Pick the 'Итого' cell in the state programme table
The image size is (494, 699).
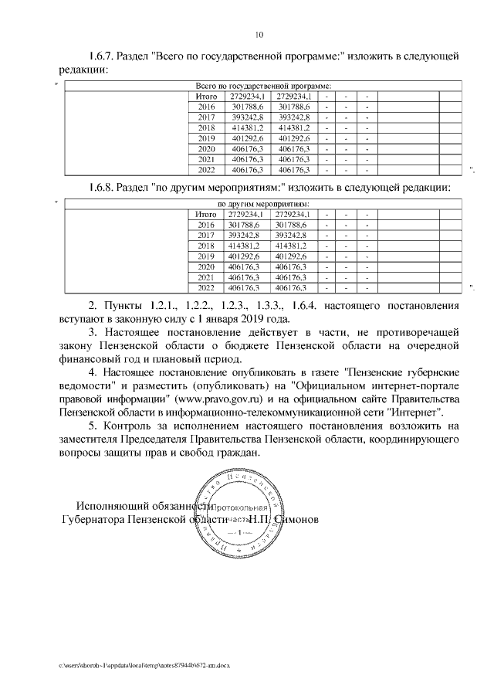[206, 96]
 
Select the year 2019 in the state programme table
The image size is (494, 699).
[206, 137]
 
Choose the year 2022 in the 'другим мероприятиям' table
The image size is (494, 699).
[205, 287]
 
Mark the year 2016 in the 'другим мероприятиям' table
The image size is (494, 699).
[205, 224]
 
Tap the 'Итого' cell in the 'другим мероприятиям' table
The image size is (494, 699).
[205, 214]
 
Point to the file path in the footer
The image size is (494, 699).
[146, 663]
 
